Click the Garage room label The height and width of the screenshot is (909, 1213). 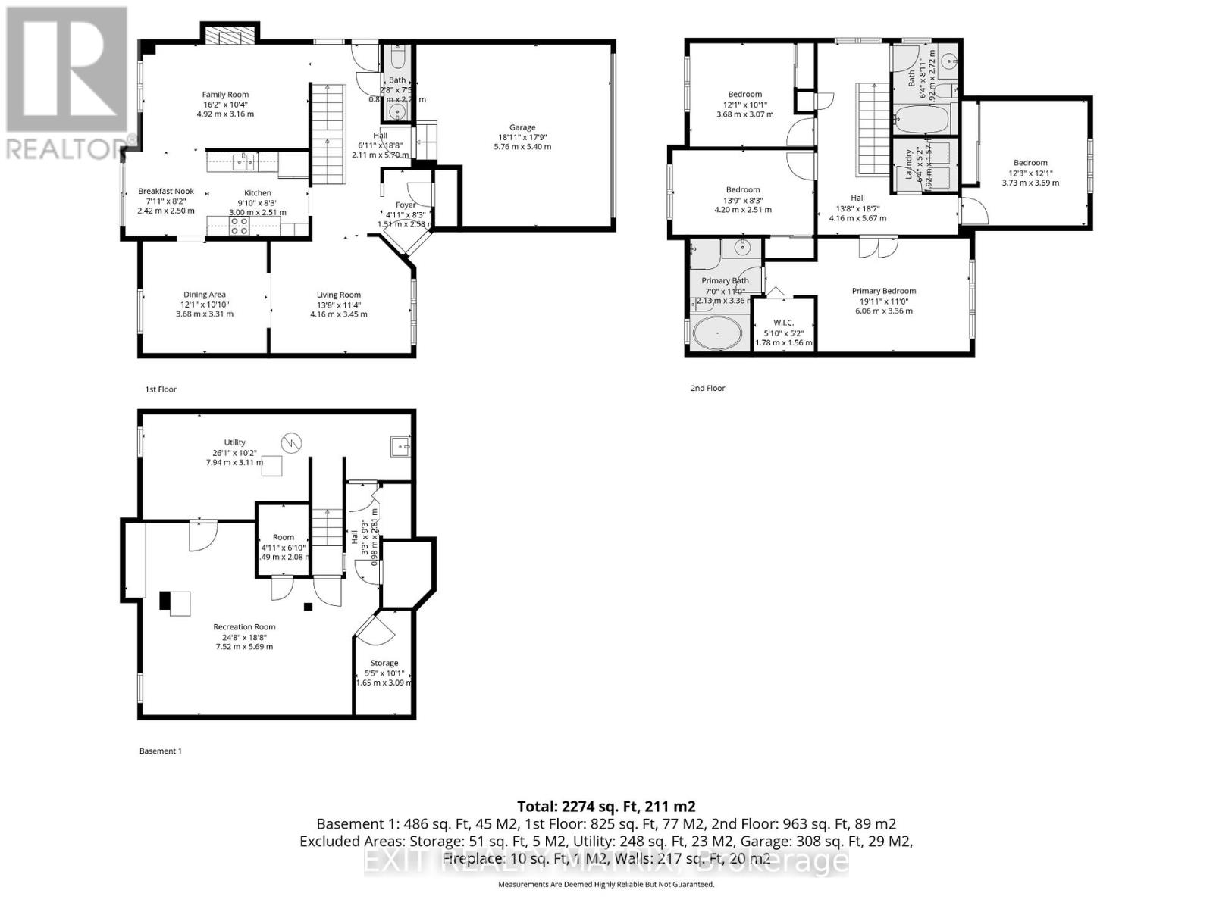[x=522, y=127]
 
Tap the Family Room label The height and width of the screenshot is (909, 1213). [x=225, y=95]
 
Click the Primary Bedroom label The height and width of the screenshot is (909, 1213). [x=883, y=291]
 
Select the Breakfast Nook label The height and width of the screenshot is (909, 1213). [x=166, y=192]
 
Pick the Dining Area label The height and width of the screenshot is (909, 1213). [x=205, y=295]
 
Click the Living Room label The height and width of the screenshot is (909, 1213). [x=339, y=295]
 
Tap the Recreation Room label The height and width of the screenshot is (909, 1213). [x=244, y=626]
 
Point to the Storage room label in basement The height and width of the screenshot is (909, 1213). [x=384, y=663]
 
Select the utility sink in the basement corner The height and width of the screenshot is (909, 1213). [x=400, y=447]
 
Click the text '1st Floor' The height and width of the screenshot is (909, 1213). [x=161, y=389]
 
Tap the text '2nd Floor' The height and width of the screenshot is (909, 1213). [x=707, y=388]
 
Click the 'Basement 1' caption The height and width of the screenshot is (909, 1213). [x=161, y=751]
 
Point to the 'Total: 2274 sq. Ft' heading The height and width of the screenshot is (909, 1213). [x=606, y=807]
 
